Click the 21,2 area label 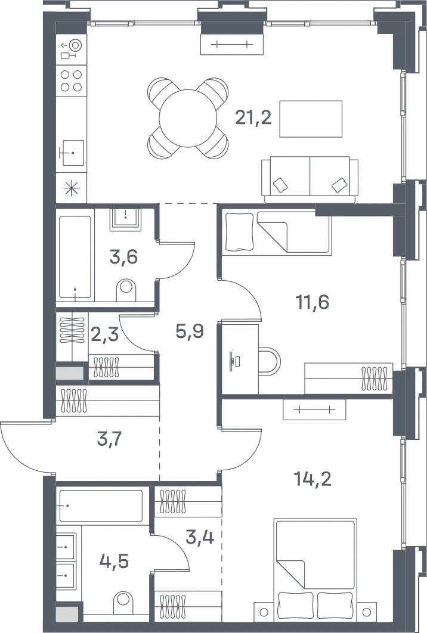click(253, 118)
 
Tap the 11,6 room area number click(312, 302)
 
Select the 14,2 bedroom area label click(312, 479)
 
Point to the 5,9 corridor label click(190, 331)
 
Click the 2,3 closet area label click(104, 334)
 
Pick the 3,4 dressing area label click(200, 536)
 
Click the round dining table click(188, 118)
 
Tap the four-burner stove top click(71, 80)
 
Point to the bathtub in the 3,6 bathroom click(75, 257)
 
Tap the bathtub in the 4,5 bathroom click(101, 505)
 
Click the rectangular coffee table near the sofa click(311, 119)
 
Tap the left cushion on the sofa click(280, 185)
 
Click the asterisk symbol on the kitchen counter click(72, 188)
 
